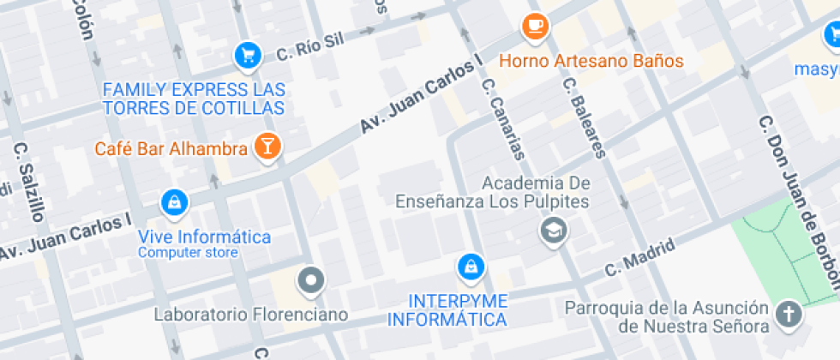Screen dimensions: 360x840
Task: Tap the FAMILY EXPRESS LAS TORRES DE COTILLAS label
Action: tap(194, 99)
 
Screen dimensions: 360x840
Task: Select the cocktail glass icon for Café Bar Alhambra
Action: tap(267, 146)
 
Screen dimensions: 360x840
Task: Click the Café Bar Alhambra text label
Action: tap(171, 149)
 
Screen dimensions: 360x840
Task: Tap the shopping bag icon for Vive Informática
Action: tap(175, 203)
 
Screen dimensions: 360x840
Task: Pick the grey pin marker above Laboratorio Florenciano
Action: tap(310, 279)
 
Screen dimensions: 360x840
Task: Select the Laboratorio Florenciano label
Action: tap(251, 315)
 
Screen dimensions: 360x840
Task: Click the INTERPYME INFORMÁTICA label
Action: tap(446, 310)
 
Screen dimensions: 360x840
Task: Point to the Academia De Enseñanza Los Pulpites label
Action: tap(493, 193)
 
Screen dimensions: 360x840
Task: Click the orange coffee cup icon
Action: tap(537, 27)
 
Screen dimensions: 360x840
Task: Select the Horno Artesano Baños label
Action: tap(591, 61)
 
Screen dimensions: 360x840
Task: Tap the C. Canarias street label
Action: tap(503, 120)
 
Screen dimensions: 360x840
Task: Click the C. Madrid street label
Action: tap(639, 256)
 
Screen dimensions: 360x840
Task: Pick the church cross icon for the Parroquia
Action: tap(786, 314)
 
